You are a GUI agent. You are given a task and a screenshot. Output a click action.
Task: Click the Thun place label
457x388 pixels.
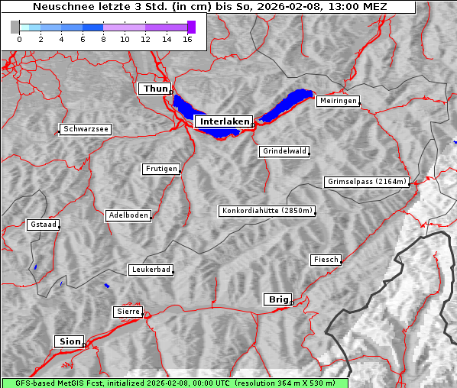(x=155, y=89)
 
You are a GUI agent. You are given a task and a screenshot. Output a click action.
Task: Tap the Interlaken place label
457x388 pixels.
(x=223, y=121)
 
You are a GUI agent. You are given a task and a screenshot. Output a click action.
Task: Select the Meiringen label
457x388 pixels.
(x=337, y=101)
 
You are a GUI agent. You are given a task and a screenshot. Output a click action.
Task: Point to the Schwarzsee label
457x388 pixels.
(x=86, y=130)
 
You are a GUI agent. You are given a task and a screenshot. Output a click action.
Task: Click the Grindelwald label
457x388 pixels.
(x=285, y=151)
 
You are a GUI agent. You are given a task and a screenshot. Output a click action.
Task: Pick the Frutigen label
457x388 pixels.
(x=161, y=169)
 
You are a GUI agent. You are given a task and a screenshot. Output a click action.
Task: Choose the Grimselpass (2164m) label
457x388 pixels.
(x=367, y=182)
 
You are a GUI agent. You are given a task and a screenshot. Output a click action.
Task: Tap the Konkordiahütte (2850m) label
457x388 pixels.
(x=267, y=211)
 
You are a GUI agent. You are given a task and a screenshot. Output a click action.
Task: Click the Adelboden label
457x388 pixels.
(x=128, y=215)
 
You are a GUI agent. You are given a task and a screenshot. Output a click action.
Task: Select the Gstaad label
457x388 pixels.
(x=43, y=225)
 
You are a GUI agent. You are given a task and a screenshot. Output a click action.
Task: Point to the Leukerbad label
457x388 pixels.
(x=150, y=270)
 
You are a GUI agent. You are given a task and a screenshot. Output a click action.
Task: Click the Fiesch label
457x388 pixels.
(x=325, y=260)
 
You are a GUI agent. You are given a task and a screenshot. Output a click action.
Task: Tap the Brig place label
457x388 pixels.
(x=277, y=299)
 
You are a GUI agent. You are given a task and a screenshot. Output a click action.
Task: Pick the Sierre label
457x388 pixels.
(x=127, y=312)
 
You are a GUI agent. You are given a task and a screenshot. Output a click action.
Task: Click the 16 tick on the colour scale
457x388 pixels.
(x=187, y=39)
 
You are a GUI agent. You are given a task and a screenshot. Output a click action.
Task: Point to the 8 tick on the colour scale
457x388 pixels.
(x=103, y=39)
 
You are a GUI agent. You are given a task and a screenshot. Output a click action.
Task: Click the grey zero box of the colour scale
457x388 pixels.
(x=15, y=27)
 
